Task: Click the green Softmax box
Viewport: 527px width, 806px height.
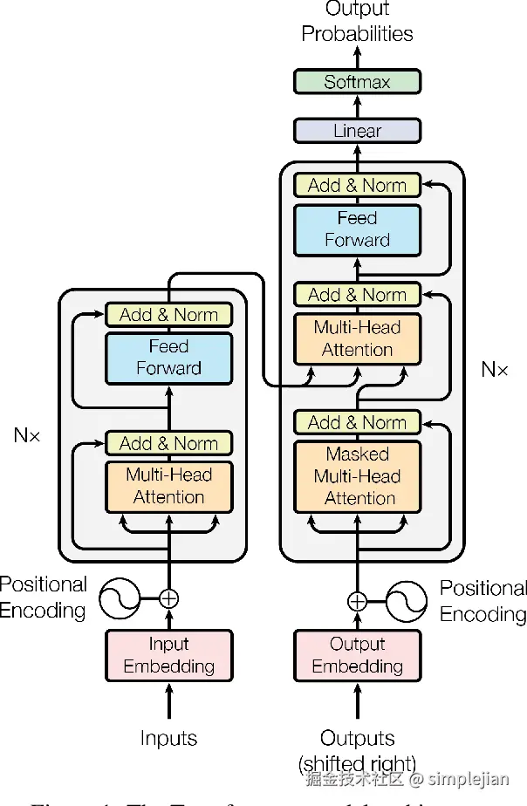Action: click(357, 82)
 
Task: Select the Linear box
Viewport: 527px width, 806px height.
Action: click(357, 131)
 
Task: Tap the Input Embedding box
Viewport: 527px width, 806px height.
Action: click(168, 655)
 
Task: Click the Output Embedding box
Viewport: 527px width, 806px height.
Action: click(357, 655)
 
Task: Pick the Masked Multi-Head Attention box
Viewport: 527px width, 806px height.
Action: click(357, 476)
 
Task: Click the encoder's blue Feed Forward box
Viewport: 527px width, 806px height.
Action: click(168, 358)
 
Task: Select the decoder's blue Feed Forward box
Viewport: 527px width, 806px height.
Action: click(357, 229)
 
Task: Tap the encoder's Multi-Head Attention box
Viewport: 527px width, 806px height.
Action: click(168, 487)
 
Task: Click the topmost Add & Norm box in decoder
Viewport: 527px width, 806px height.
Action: click(357, 185)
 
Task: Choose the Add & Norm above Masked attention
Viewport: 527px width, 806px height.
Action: click(357, 422)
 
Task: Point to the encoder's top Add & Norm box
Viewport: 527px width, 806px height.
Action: click(168, 314)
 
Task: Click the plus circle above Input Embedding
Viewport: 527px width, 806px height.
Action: click(168, 598)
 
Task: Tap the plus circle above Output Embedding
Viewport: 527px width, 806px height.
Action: click(357, 601)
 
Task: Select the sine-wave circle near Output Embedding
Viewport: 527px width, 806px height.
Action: click(407, 601)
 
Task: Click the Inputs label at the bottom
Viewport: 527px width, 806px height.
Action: click(168, 738)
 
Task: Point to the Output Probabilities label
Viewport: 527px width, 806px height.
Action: click(357, 23)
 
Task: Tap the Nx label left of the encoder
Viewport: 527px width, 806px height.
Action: click(27, 434)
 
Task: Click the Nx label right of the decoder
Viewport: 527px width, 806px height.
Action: click(494, 370)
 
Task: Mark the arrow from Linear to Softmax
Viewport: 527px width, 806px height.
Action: click(357, 106)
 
